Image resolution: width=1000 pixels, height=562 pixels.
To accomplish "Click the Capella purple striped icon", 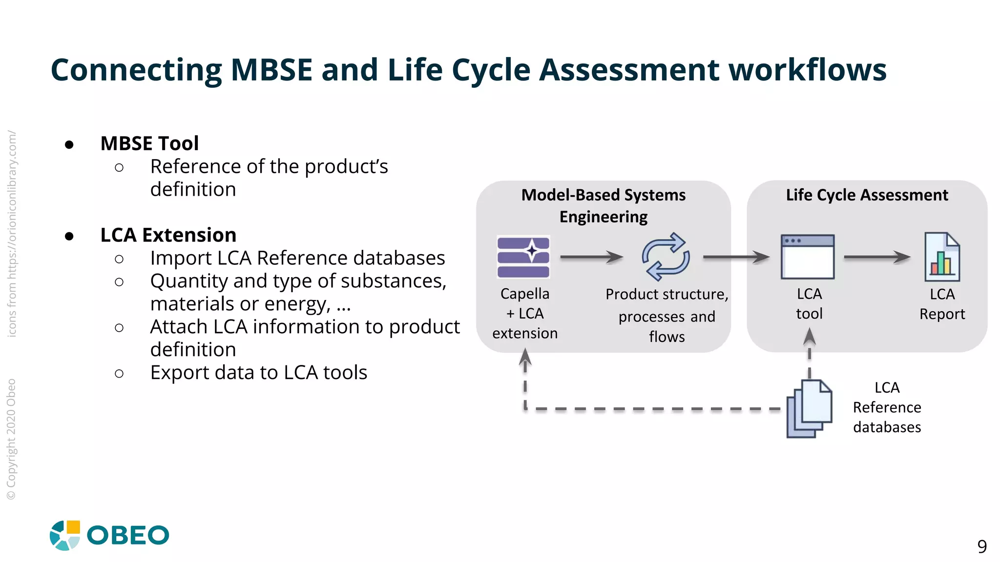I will (x=523, y=257).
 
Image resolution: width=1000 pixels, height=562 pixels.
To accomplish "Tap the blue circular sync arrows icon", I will (x=666, y=257).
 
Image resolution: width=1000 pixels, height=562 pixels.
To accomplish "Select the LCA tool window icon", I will (x=808, y=257).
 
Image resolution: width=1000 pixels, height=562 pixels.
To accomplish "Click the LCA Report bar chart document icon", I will (x=942, y=257).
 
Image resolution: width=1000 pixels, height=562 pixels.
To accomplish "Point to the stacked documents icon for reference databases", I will (x=809, y=409).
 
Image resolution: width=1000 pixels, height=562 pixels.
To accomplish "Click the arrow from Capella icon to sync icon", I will (x=591, y=257).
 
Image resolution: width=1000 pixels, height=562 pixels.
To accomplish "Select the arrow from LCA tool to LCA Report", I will (x=877, y=257).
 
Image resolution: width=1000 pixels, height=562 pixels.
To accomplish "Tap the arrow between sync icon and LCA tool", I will (x=736, y=257).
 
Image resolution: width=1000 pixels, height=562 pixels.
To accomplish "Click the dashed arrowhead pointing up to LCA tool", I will (x=809, y=337).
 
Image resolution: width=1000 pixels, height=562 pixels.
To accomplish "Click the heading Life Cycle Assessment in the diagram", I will (x=867, y=195).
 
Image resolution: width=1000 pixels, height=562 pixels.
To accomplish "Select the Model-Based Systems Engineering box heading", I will (x=604, y=205).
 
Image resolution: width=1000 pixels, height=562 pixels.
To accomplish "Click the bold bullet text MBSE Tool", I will (x=149, y=143).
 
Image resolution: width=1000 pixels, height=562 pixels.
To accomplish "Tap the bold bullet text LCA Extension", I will (x=168, y=235).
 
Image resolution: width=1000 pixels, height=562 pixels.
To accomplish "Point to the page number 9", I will (x=982, y=546).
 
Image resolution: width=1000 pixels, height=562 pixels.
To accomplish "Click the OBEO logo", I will (x=109, y=535).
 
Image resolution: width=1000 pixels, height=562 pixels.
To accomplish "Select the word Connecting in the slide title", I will (x=136, y=70).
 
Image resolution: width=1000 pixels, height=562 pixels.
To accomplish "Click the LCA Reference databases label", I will (x=887, y=407).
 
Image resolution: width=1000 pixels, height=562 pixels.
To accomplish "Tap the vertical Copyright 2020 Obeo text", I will (x=11, y=439).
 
